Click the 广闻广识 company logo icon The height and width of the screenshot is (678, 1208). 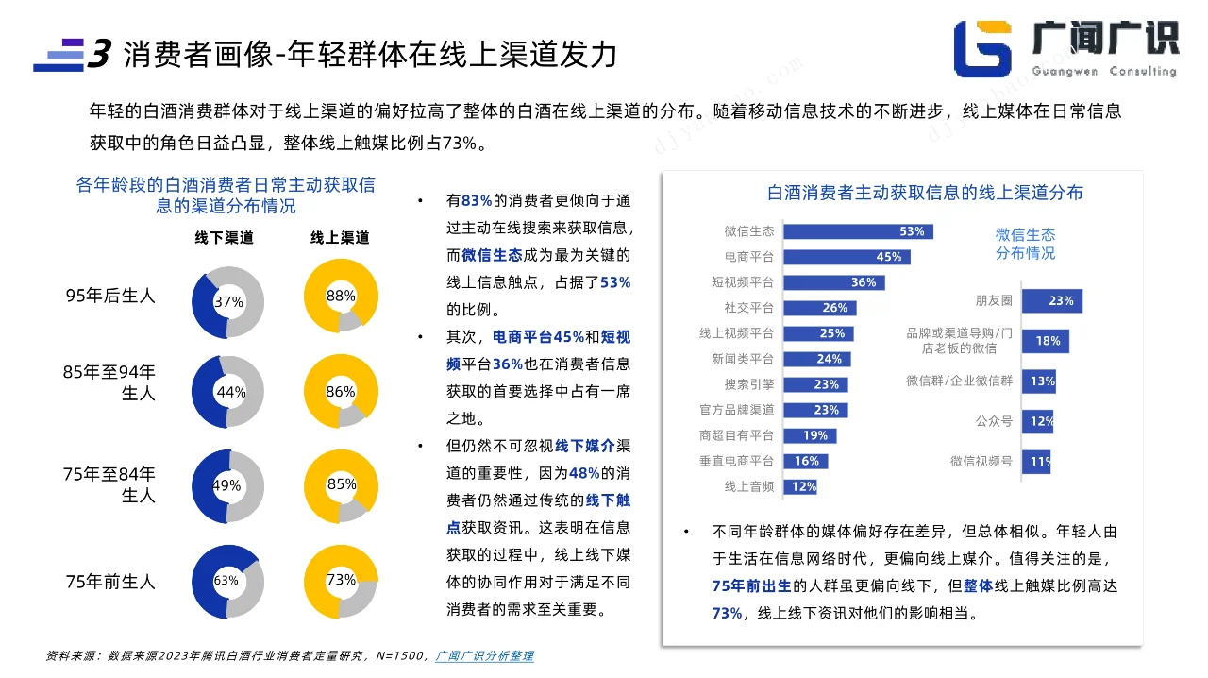pos(982,48)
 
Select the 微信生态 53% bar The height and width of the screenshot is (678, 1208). pos(858,231)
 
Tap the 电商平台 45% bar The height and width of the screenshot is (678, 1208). pos(847,257)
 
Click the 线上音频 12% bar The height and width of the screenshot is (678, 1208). pos(800,487)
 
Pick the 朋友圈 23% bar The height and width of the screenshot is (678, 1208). pos(1051,301)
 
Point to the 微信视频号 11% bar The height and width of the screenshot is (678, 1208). pos(1036,462)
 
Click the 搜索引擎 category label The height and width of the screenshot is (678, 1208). pos(749,384)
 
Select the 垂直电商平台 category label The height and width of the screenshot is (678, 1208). pos(737,461)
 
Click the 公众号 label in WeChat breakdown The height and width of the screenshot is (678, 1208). pos(994,421)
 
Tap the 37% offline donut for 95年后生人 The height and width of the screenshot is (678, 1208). pos(227,302)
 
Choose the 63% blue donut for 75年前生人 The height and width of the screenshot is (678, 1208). pos(226,581)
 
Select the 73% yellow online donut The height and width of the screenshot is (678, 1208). pos(341,581)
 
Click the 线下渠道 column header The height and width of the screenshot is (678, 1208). pos(225,238)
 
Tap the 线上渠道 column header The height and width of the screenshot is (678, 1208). pos(340,238)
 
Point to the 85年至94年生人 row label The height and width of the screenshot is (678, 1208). pos(109,382)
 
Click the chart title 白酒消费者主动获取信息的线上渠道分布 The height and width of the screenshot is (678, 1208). pos(925,194)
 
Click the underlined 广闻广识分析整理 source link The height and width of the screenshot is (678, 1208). pos(485,655)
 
